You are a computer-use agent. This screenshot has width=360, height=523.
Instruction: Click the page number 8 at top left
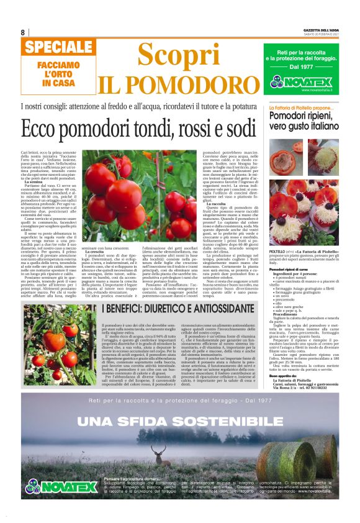[x=23, y=32]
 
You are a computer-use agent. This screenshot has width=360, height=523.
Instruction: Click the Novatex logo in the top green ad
[x=310, y=81]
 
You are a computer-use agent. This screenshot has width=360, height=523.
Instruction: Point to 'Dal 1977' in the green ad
[x=310, y=66]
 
